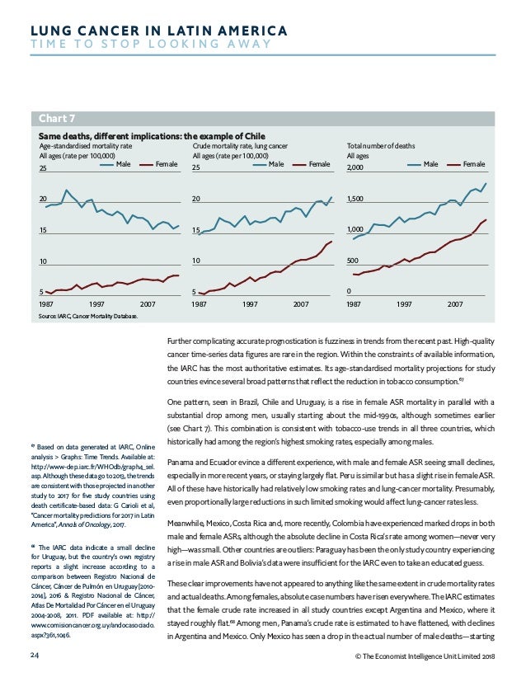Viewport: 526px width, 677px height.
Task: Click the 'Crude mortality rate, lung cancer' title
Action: (x=243, y=146)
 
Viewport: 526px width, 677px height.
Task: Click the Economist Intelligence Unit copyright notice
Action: (x=422, y=656)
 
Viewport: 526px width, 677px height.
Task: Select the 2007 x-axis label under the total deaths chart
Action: (x=455, y=305)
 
